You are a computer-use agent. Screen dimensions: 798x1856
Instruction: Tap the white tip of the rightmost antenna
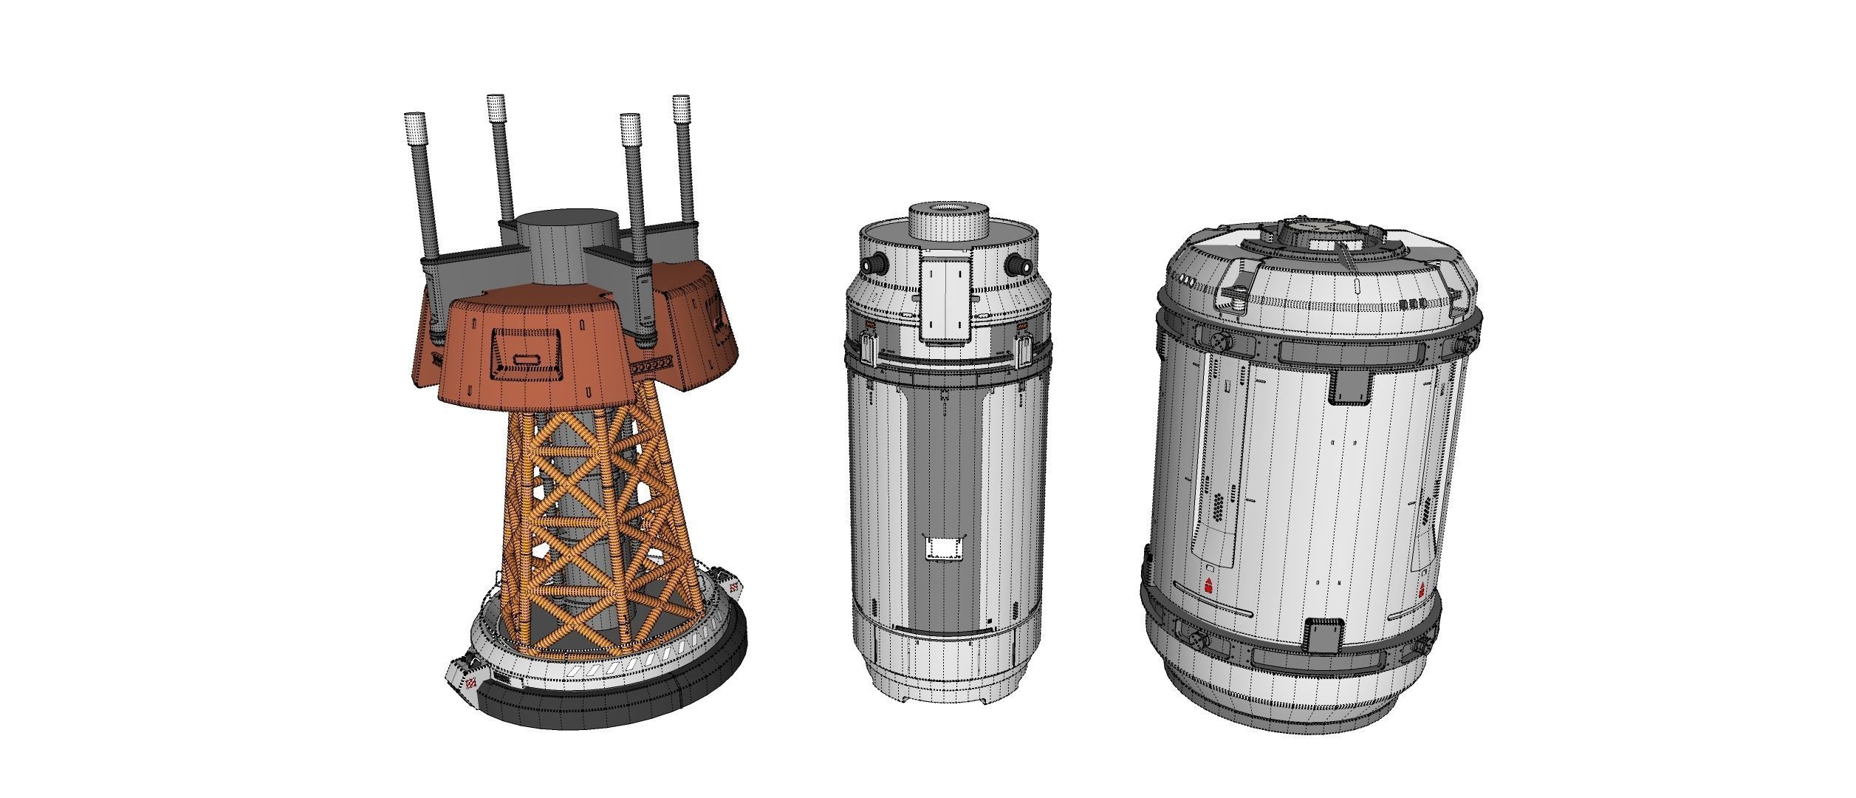(x=681, y=107)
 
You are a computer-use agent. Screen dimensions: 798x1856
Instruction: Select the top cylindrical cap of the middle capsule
(x=948, y=221)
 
